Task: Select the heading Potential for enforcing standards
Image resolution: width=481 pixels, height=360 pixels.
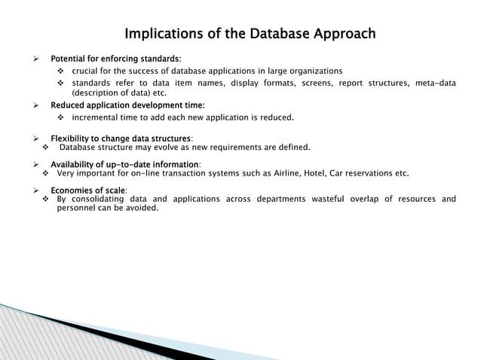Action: pos(115,59)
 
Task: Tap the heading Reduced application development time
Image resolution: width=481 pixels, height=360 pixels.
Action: pos(127,105)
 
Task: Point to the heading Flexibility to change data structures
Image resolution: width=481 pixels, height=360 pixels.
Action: pos(121,139)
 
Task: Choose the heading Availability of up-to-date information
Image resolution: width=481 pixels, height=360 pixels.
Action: pos(124,164)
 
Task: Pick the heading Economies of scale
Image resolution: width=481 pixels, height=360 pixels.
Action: pos(88,190)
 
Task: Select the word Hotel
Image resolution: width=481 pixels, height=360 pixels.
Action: pos(317,173)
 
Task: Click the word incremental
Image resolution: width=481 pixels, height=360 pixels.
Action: pos(99,117)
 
